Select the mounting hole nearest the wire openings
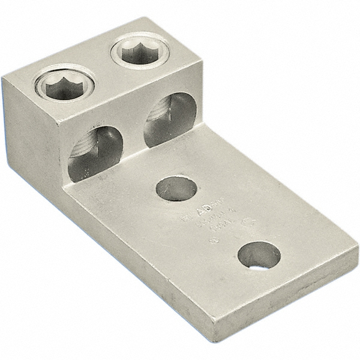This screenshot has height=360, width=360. (x=176, y=190)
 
